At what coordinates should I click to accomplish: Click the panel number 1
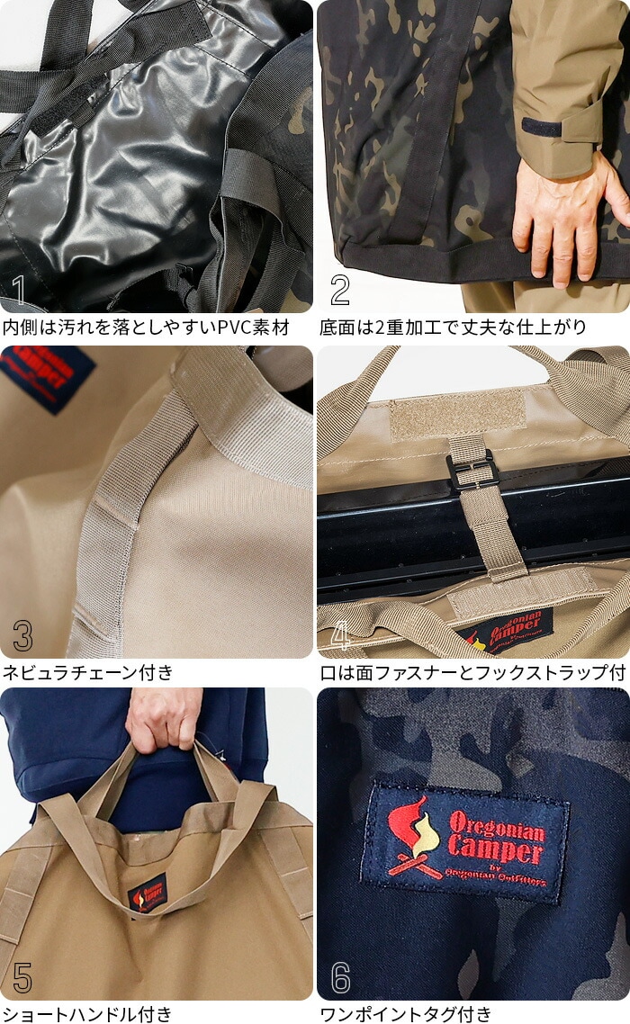tap(19, 290)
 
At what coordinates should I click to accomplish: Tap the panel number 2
tap(340, 290)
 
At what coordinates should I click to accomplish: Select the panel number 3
tap(22, 634)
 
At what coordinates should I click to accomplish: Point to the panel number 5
tap(22, 977)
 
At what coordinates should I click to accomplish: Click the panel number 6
tap(340, 977)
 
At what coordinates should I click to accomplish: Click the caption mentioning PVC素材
tap(146, 327)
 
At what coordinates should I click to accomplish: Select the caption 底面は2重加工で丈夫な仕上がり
tap(453, 327)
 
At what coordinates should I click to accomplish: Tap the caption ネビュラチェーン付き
tap(88, 672)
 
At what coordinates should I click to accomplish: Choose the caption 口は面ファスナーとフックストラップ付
tap(472, 672)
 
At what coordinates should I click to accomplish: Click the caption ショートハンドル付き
tap(87, 1013)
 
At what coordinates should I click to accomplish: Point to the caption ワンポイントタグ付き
tap(406, 1013)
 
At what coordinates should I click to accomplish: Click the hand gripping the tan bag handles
tap(164, 718)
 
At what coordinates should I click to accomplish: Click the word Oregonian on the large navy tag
tap(497, 825)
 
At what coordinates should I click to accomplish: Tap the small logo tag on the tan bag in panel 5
tap(148, 892)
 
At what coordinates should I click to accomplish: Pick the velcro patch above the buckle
tap(457, 416)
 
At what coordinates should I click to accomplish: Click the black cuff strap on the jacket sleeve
tap(543, 127)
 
